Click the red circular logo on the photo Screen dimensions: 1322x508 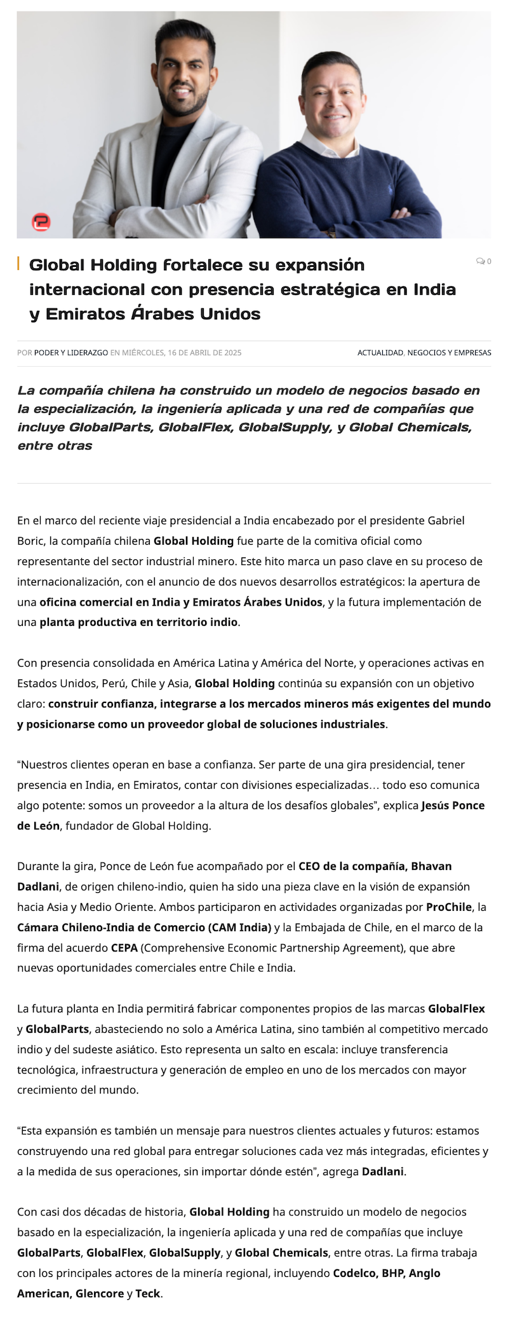pyautogui.click(x=41, y=222)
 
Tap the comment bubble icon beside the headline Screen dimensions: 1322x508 pyautogui.click(x=481, y=261)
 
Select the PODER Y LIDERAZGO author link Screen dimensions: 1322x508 pyautogui.click(x=71, y=353)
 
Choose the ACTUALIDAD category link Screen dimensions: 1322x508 pyautogui.click(x=380, y=353)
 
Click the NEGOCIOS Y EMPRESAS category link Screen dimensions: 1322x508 pyautogui.click(x=450, y=353)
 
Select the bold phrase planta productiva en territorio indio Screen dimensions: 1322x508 pyautogui.click(x=138, y=622)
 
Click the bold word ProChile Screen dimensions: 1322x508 pyautogui.click(x=449, y=907)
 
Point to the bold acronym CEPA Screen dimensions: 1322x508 pyautogui.click(x=124, y=948)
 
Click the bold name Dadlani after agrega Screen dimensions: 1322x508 pyautogui.click(x=383, y=1171)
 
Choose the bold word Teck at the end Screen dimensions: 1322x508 pyautogui.click(x=148, y=1293)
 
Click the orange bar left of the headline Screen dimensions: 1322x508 pyautogui.click(x=18, y=264)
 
